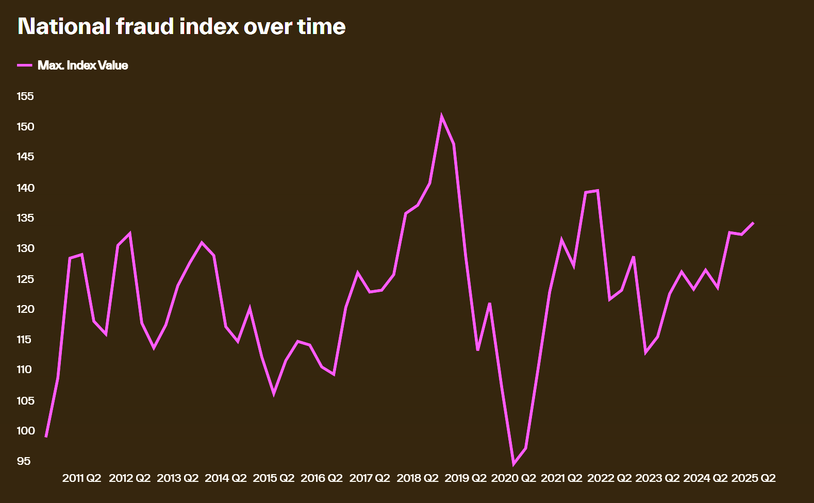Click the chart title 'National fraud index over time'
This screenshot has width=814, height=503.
(181, 27)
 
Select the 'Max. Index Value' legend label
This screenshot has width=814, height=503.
(82, 65)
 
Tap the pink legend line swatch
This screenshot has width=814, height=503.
(25, 65)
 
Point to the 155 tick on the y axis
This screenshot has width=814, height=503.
(25, 96)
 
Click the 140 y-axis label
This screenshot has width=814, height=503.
(25, 188)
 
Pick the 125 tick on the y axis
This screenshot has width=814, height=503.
(25, 279)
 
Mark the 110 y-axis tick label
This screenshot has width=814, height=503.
(24, 370)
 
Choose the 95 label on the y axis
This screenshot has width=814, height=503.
(24, 461)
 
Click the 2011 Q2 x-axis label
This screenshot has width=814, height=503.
(81, 478)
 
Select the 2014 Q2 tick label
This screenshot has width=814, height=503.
(226, 478)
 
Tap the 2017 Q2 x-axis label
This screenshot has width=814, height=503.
(370, 478)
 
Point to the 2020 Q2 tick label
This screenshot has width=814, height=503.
(513, 478)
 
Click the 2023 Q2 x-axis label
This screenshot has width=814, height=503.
(657, 478)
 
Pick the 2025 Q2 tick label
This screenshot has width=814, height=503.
(753, 478)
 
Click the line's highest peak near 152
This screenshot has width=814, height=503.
(442, 117)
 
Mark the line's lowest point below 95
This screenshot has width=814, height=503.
(513, 464)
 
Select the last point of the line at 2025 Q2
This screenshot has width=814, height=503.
(753, 223)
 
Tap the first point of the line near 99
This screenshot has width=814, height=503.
(46, 437)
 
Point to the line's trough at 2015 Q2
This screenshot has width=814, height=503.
(274, 394)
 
